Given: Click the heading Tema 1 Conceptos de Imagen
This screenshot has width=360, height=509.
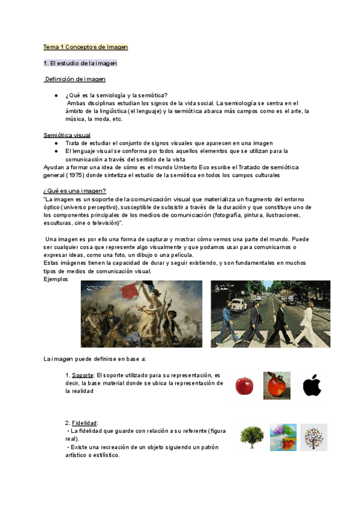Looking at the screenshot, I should pos(86,47).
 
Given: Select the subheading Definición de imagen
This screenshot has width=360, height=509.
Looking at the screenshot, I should pos(75,79).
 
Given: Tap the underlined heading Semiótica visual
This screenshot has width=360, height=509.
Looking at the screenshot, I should pos(67,135).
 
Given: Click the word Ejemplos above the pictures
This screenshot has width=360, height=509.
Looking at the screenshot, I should pos(56,279).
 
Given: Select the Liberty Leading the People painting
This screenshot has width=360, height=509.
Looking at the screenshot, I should pos(142,313).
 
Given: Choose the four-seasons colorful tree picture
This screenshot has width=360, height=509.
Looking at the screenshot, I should pos(283,437).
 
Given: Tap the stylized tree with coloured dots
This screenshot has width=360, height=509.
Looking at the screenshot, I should pos(314,437).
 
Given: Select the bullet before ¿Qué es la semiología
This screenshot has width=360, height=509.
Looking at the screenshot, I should pos(55,95).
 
